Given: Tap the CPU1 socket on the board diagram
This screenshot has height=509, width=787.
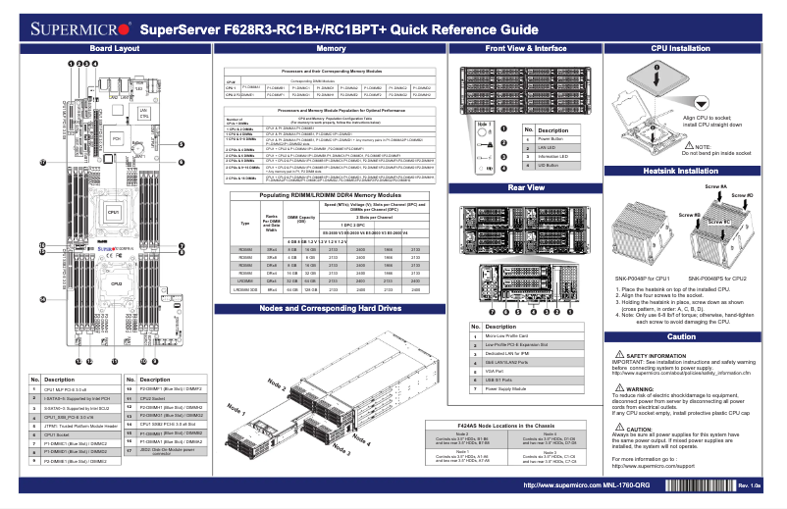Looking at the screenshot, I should (x=113, y=213).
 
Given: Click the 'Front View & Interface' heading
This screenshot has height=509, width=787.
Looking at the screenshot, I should (x=526, y=48).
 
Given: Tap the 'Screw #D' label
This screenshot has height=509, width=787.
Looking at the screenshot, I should (x=743, y=196).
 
